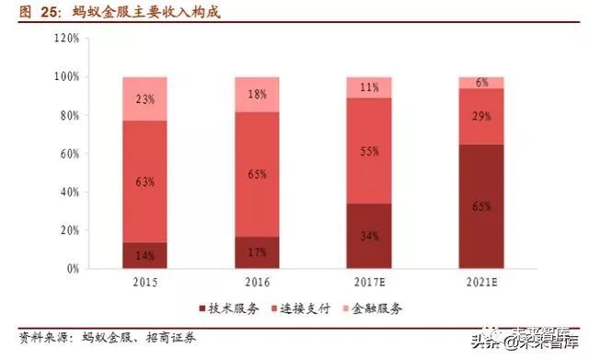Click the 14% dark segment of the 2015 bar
click(144, 255)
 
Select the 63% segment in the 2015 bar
click(144, 181)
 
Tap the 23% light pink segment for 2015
click(144, 99)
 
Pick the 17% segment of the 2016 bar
click(258, 252)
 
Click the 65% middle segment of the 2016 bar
click(258, 174)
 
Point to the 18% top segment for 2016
click(258, 94)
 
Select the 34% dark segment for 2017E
click(369, 236)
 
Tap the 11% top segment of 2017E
click(369, 87)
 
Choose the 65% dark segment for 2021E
click(481, 206)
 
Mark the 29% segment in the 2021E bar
click(481, 116)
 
